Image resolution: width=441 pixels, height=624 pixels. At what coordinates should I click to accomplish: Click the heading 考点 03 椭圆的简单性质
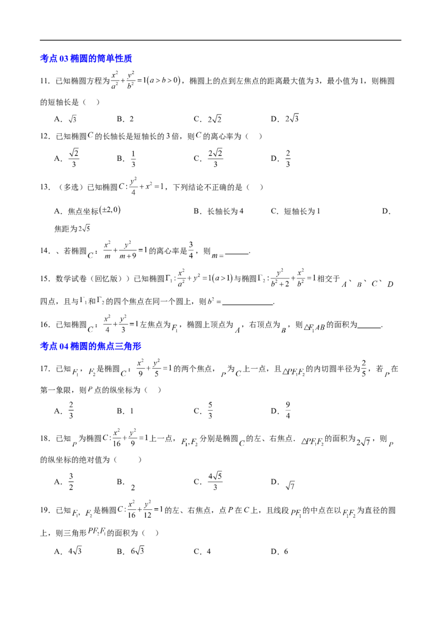point(86,58)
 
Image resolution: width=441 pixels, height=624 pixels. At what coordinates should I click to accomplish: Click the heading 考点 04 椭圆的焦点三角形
point(90,346)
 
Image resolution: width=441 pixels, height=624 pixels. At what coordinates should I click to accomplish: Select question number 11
point(45,81)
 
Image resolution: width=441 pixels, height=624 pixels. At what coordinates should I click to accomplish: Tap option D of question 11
point(284,119)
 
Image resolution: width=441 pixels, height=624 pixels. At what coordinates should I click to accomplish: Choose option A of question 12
point(67,158)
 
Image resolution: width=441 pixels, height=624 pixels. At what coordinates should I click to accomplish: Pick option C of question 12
point(208,158)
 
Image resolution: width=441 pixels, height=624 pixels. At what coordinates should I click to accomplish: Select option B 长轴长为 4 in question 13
point(218,211)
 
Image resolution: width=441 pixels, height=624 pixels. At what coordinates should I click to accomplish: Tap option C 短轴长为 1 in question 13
point(295,211)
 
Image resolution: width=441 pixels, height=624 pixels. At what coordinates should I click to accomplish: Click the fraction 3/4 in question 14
point(191,250)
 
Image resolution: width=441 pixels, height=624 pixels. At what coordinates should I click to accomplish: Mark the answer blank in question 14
point(237,253)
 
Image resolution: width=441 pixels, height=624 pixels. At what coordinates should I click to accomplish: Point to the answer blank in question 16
point(369,327)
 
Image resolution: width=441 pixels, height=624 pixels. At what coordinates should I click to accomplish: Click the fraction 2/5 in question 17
point(364,369)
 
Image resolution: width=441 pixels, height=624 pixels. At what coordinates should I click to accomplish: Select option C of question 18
point(208,482)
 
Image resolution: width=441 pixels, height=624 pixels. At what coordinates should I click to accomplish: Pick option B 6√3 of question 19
point(131,551)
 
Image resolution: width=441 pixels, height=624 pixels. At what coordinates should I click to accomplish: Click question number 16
point(45,325)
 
